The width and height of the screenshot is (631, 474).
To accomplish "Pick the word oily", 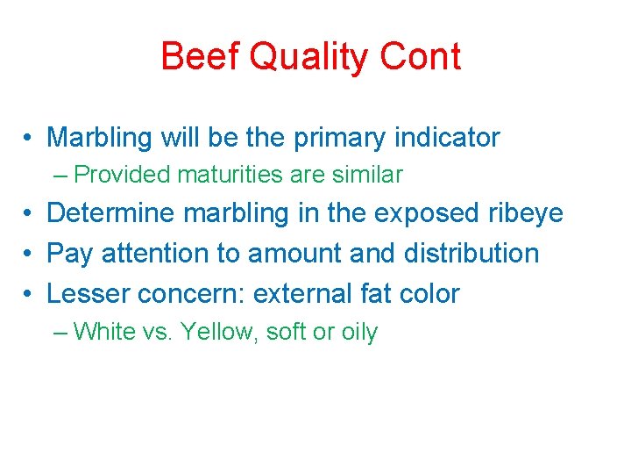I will pyautogui.click(x=358, y=333).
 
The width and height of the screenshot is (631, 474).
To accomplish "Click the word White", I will pyautogui.click(x=102, y=332).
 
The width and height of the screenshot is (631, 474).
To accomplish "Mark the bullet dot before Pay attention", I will pyautogui.click(x=30, y=254).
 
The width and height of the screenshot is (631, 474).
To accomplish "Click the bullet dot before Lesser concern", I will pyautogui.click(x=30, y=293).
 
